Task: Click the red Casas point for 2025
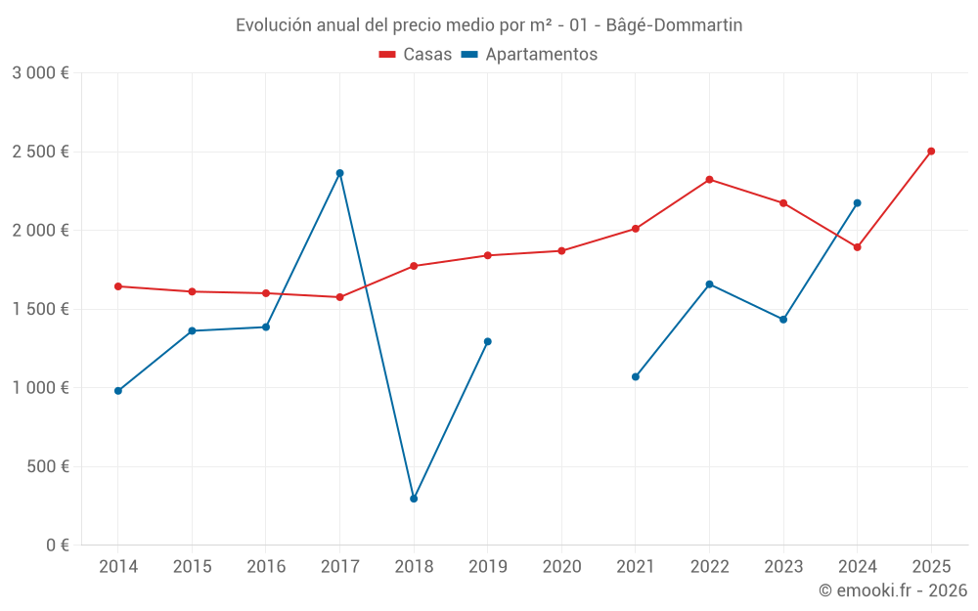(x=931, y=152)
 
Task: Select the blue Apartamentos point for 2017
(x=339, y=173)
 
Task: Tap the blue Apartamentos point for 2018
(x=414, y=499)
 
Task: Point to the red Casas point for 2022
(x=709, y=180)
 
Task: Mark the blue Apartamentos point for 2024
(x=857, y=203)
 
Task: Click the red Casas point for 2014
(x=118, y=286)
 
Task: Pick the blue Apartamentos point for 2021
(x=636, y=376)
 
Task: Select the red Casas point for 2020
(x=561, y=251)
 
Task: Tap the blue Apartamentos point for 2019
(x=488, y=341)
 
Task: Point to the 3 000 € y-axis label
(x=40, y=73)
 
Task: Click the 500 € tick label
(x=47, y=466)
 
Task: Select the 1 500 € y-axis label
(x=40, y=309)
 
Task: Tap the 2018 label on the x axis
(x=414, y=566)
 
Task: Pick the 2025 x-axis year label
(x=931, y=566)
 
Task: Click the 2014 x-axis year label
(x=118, y=566)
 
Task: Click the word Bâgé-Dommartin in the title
(x=674, y=25)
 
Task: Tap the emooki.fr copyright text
(x=893, y=590)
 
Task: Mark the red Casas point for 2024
(x=857, y=247)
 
